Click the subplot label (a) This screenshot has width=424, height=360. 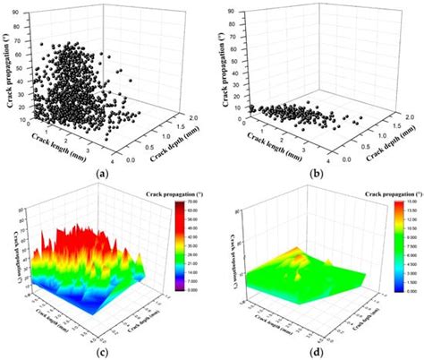(x=105, y=174)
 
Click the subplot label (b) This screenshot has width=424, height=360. (x=314, y=174)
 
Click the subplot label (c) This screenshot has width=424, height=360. (x=105, y=352)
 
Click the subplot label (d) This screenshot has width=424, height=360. (x=314, y=352)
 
